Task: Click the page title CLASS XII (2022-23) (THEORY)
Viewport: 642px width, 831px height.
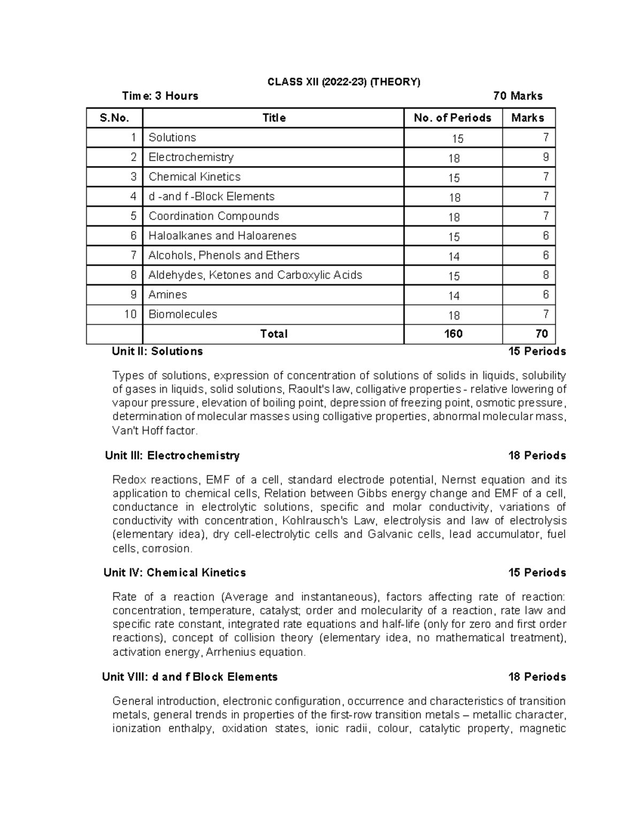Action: [x=343, y=82]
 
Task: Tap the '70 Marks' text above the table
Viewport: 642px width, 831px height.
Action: [x=517, y=96]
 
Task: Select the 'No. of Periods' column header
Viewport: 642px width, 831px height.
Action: [x=452, y=118]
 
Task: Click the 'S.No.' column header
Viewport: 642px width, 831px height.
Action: [x=114, y=118]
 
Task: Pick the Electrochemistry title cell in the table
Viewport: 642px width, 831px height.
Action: [x=191, y=157]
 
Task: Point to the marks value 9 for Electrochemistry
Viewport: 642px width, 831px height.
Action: [x=545, y=157]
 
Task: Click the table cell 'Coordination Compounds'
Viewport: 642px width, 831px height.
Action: [x=213, y=216]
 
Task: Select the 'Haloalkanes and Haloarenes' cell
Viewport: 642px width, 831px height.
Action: [x=222, y=236]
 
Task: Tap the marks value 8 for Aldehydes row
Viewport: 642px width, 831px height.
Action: [x=545, y=275]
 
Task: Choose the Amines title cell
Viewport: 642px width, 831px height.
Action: [x=167, y=295]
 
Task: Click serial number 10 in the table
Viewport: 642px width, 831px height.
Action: [x=130, y=315]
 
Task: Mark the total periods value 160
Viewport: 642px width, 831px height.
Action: [x=453, y=334]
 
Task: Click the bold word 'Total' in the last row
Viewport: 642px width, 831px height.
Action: [x=273, y=334]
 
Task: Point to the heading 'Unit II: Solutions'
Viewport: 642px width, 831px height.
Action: [x=157, y=352]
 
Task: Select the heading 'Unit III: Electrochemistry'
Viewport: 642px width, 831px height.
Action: [x=172, y=456]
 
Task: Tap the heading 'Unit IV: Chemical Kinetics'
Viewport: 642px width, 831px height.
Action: [x=174, y=573]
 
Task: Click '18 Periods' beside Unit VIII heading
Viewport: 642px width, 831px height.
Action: [x=537, y=677]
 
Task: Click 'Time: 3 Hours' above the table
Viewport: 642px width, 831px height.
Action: [x=160, y=96]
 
